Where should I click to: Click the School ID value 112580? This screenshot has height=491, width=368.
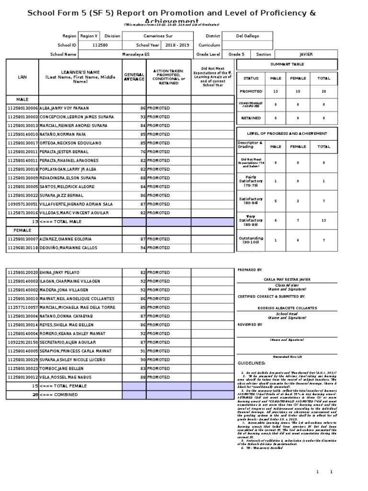pos(100,45)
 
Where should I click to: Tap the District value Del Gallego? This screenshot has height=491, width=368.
pos(247,35)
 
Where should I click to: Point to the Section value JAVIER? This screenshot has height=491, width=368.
pos(306,55)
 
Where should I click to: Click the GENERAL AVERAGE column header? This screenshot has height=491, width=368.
pos(134,77)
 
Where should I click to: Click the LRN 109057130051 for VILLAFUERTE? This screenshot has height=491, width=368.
pos(23,204)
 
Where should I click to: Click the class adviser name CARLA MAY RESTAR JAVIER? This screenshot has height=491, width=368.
pos(287,279)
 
